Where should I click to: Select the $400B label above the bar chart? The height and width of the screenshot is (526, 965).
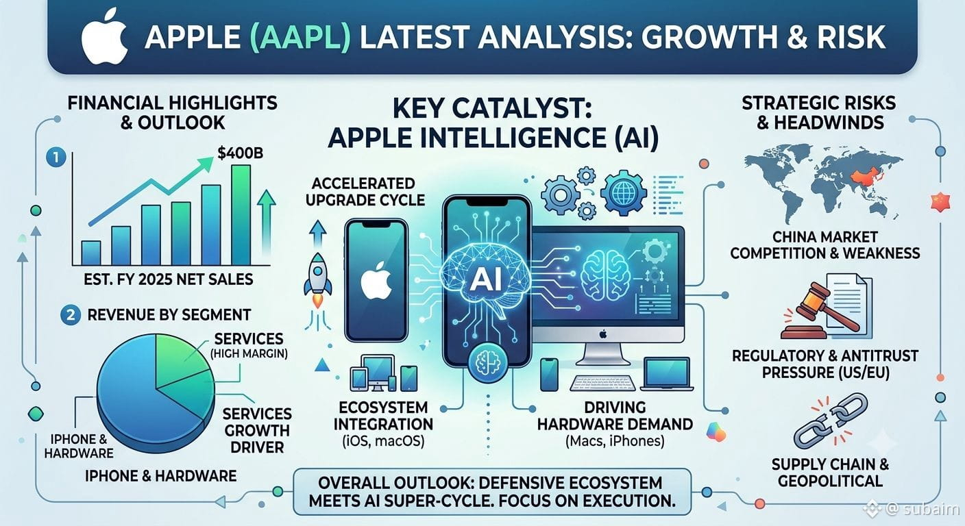241,153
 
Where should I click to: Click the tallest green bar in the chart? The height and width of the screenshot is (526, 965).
241,215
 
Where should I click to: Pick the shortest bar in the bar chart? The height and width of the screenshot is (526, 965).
91,253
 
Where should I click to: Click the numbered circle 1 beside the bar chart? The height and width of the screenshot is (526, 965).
56,158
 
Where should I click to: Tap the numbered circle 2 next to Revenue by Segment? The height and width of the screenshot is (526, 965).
71,315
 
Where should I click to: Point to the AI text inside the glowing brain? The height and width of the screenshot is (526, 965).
485,280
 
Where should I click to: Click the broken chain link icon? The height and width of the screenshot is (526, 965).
830,423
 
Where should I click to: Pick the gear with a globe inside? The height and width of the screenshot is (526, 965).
624,193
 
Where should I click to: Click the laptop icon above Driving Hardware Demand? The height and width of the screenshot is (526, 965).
667,374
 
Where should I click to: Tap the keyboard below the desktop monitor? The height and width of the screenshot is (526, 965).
602,383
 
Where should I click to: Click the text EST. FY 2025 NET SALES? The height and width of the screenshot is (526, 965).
169,280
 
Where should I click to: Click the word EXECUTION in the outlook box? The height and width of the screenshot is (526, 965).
628,501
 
